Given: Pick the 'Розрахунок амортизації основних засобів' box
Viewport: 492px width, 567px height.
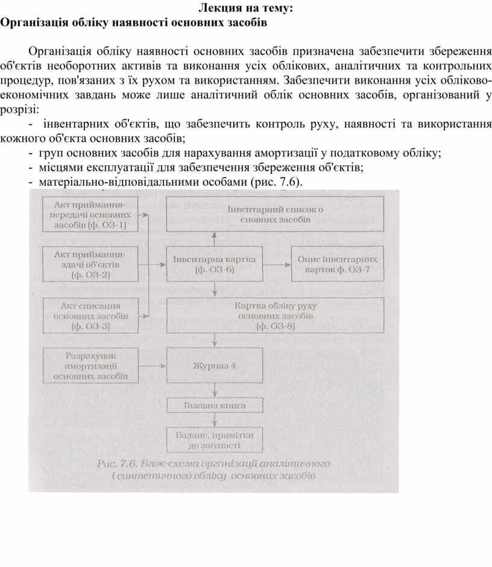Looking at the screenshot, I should point(90,366).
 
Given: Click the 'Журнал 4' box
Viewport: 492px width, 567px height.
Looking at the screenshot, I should point(215,366).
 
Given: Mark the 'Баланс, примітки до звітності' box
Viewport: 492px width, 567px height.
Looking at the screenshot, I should point(215,440).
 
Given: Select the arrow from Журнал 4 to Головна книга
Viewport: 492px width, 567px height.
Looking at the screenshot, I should point(215,390).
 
